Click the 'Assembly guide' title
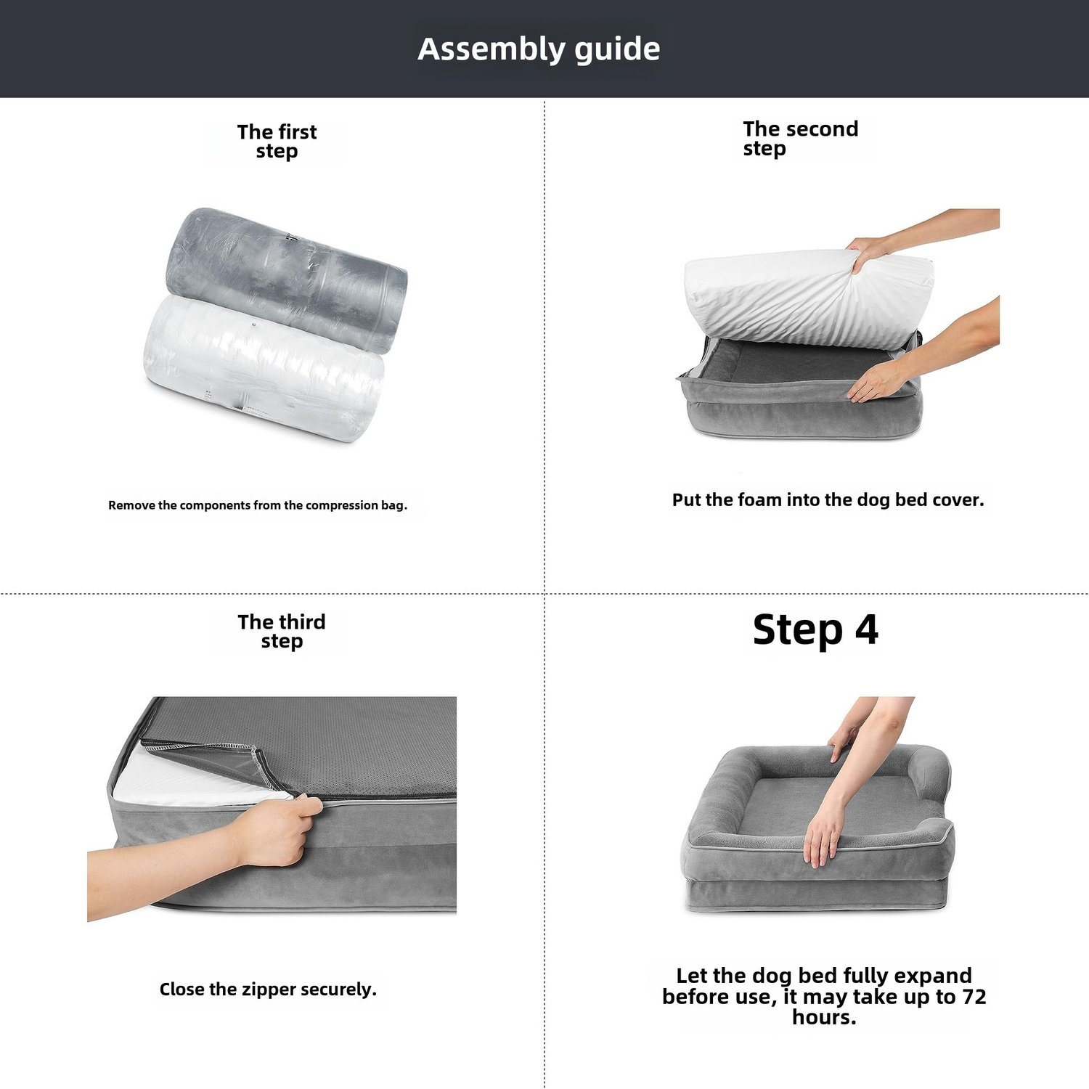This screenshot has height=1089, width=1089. click(539, 49)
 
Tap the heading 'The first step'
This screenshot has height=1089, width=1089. click(277, 142)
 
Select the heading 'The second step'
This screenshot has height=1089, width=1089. click(800, 139)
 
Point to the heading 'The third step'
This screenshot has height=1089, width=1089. click(282, 632)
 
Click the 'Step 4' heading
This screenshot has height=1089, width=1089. click(815, 629)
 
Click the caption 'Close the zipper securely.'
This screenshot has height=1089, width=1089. click(268, 990)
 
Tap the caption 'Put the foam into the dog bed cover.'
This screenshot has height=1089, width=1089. click(828, 500)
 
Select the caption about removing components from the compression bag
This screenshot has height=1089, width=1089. click(258, 505)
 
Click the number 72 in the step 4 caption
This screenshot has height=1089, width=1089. click(974, 997)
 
